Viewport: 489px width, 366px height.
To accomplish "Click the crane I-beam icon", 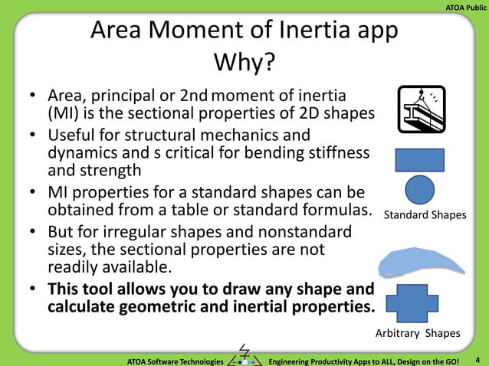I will [x=420, y=109].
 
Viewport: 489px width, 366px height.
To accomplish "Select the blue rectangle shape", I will [x=419, y=159].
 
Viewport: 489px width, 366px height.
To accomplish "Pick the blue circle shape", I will [x=419, y=189].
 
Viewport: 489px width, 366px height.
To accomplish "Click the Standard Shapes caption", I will [x=425, y=215].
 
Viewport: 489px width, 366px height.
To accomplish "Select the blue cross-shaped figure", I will [x=417, y=303].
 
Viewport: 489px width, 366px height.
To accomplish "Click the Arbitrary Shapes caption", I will [x=417, y=333].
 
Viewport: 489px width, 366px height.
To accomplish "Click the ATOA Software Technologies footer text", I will [x=176, y=360].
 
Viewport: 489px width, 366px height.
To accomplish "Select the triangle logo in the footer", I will [x=245, y=355].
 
